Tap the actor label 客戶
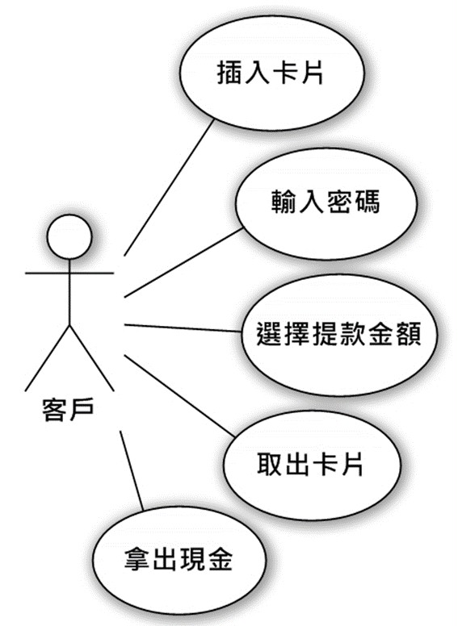click(68, 410)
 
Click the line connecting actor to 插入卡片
click(170, 188)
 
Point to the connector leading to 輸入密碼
click(184, 263)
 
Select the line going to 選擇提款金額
click(184, 328)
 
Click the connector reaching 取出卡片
click(179, 395)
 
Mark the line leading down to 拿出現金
click(132, 470)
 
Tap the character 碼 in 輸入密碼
click(367, 201)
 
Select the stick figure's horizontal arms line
click(69, 273)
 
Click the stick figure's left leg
click(47, 358)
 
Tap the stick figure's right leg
click(92, 358)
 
